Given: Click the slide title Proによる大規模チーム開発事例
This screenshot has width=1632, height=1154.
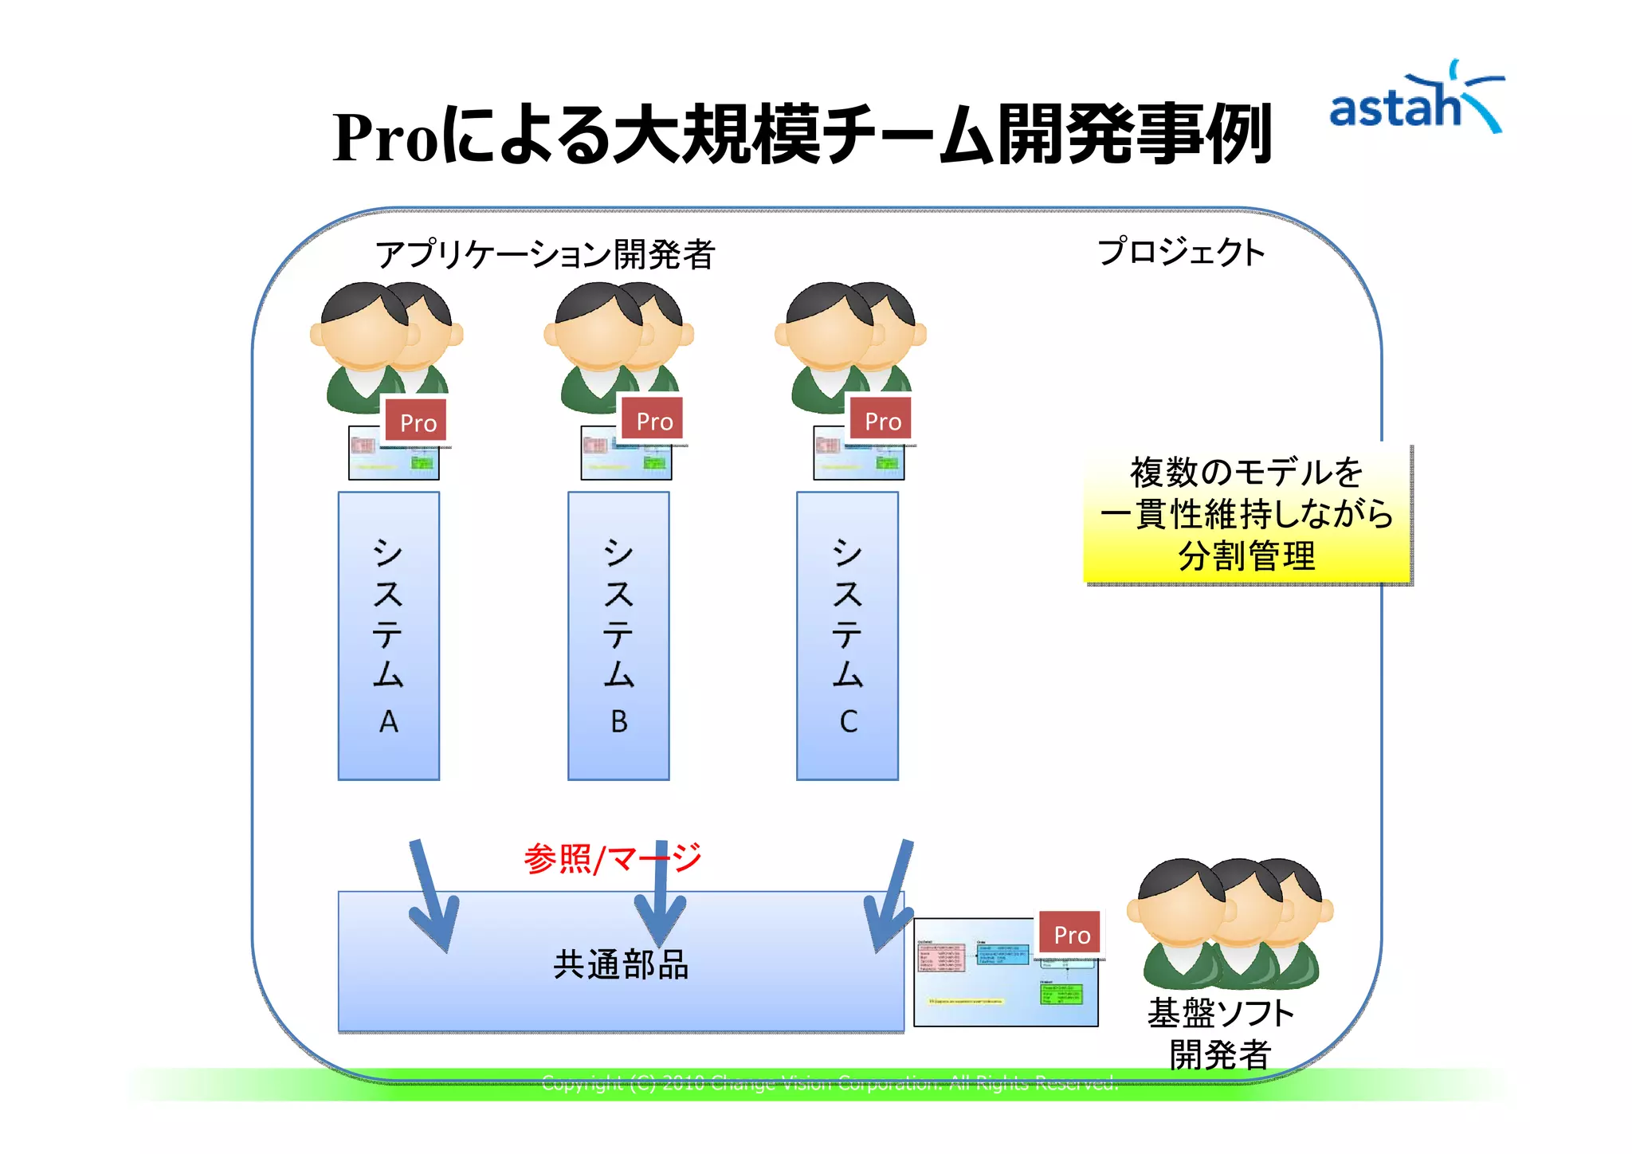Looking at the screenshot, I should (801, 135).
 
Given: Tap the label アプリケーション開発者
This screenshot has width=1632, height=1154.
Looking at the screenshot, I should (545, 254).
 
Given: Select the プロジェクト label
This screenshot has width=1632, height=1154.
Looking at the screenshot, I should (1181, 252).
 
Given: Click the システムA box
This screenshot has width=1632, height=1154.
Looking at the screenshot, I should (388, 635).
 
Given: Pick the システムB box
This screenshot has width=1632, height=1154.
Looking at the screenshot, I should (618, 635).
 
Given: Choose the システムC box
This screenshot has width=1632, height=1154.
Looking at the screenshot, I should (847, 635).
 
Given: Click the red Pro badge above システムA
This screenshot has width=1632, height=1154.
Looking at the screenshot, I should (417, 422).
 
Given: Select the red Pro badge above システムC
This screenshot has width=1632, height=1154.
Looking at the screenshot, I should (882, 420).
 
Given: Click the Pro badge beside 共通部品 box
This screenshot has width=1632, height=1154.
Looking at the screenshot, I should (1071, 934).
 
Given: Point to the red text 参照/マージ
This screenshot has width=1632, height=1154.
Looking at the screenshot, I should (612, 858).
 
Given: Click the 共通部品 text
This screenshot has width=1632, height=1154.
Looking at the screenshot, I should (621, 964).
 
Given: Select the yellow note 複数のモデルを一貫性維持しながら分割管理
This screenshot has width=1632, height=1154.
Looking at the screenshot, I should (1246, 514).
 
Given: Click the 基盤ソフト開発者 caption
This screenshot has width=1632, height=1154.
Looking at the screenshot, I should (1219, 1034).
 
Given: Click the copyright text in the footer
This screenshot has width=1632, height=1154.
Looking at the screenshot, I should (829, 1083).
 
